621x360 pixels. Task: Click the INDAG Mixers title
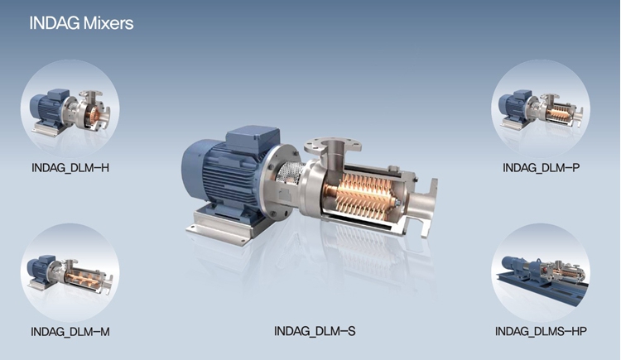coord(81,23)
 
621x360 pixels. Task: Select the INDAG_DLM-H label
coord(70,168)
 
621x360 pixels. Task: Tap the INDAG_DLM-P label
coord(541,168)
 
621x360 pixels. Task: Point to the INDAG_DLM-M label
coord(70,332)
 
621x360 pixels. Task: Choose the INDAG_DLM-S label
coord(315,331)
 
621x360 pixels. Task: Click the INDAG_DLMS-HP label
coord(541,331)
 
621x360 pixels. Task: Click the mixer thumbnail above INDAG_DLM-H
coord(70,109)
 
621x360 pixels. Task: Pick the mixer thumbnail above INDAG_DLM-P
coord(541,109)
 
